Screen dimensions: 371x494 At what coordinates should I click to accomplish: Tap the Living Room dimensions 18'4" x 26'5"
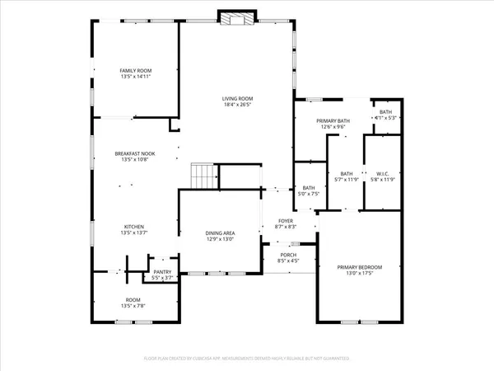237,105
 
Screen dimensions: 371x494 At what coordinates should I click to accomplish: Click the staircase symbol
203,175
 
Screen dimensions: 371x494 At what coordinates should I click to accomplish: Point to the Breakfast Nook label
136,153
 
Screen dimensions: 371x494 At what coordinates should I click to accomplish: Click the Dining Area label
221,233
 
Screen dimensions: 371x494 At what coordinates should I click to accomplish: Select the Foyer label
285,221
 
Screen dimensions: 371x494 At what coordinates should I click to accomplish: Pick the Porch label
288,255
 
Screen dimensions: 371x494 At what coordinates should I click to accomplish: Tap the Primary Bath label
333,121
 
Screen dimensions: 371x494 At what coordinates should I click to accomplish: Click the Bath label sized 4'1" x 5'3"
385,112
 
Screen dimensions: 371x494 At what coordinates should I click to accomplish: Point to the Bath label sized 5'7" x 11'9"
347,173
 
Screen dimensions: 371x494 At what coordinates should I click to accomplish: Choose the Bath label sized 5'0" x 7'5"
308,188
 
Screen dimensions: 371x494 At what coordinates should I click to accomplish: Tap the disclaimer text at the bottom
247,359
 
